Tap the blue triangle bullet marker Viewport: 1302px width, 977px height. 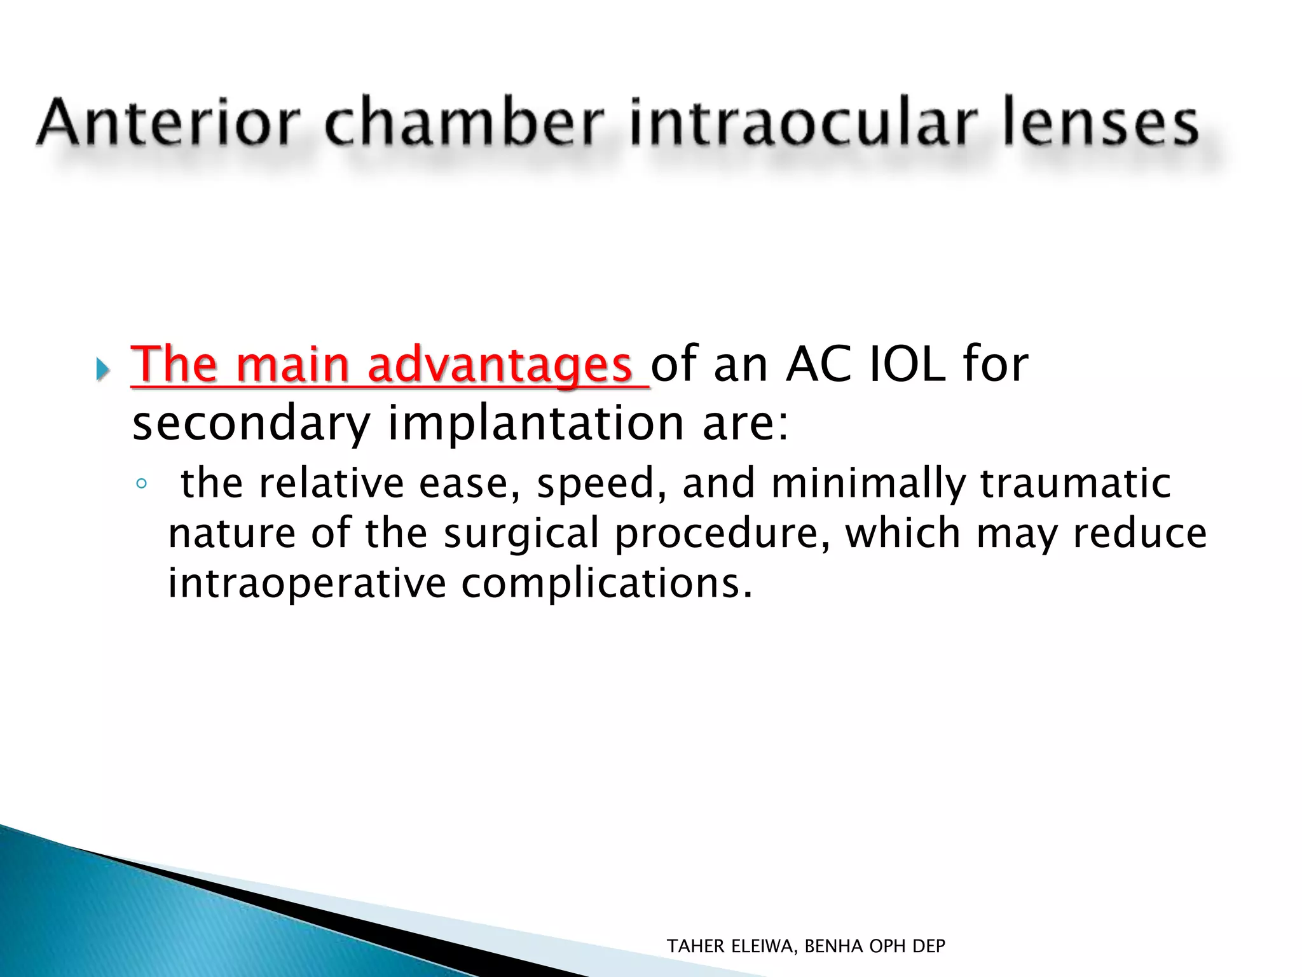point(102,369)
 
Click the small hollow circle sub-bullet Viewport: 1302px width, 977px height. point(141,484)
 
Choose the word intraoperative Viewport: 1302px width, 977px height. point(307,583)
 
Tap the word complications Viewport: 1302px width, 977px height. point(606,583)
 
